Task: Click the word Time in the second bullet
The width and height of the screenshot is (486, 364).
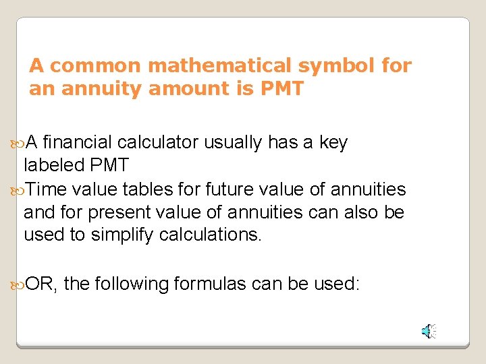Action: click(49, 189)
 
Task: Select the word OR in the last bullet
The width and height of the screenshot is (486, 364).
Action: click(40, 284)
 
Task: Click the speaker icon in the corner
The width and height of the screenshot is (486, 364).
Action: click(429, 331)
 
